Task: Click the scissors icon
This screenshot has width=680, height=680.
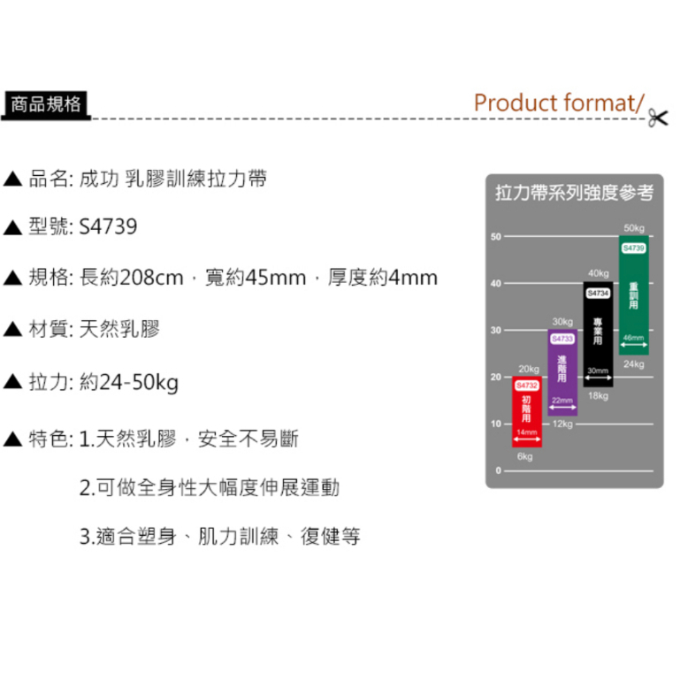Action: point(657,118)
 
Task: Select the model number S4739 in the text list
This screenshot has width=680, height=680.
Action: point(108,227)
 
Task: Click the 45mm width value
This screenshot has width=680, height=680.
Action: point(275,278)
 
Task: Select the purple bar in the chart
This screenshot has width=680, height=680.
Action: point(562,372)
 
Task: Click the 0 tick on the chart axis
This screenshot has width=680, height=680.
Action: point(497,471)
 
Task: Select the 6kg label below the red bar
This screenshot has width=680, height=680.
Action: point(525,456)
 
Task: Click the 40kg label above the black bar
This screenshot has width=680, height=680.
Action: point(598,273)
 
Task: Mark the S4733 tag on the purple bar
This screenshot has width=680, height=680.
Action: point(562,338)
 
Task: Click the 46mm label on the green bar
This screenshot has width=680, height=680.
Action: point(633,337)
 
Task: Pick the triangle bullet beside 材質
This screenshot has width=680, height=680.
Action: point(12,330)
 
